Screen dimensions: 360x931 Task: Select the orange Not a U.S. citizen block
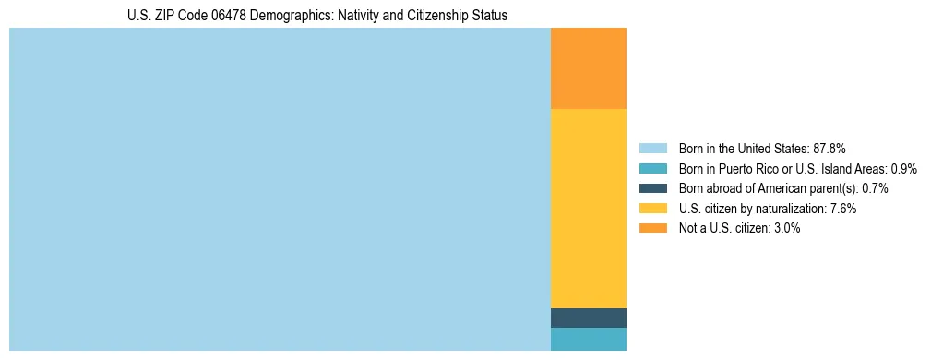(x=588, y=68)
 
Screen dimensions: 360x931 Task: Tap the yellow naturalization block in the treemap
(x=588, y=209)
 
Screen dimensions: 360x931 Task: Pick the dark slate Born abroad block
(x=588, y=318)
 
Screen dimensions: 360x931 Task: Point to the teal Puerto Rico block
(x=588, y=339)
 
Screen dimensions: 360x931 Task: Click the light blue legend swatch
(x=652, y=148)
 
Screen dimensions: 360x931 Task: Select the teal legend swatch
(x=652, y=168)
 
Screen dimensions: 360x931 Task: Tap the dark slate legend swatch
(x=652, y=188)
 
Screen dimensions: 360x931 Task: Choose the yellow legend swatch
(x=652, y=209)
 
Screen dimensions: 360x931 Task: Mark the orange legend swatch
(x=652, y=228)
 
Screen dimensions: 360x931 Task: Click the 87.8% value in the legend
(x=830, y=148)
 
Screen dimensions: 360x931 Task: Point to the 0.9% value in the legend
(x=903, y=168)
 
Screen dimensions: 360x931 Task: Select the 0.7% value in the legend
(x=875, y=188)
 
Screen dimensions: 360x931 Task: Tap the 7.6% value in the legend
(x=842, y=209)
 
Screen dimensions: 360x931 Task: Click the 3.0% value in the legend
(x=786, y=228)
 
